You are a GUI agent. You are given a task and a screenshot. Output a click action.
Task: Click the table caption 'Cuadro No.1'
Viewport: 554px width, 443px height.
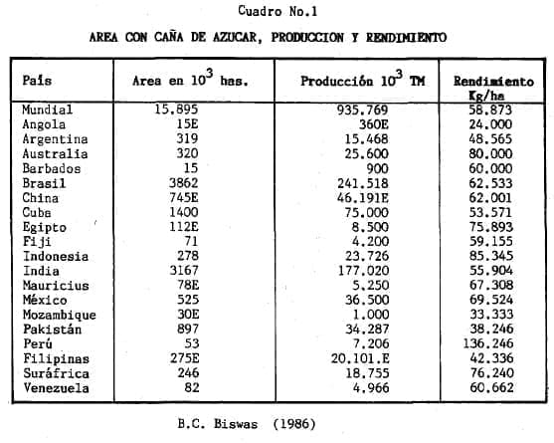[x=277, y=11]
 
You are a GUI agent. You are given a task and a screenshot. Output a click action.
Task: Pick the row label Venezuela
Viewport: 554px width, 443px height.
[x=58, y=388]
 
